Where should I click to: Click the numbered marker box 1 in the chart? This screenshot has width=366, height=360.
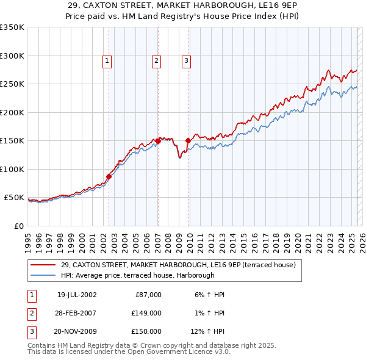pos(107,60)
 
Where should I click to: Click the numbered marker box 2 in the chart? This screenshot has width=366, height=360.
pos(156,60)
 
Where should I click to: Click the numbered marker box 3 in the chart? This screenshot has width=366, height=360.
pos(185,60)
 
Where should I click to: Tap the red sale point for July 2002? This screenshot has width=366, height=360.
pos(109,176)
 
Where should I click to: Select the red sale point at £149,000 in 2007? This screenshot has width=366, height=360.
pos(158,141)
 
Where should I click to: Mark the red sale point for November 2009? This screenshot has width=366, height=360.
pos(188,140)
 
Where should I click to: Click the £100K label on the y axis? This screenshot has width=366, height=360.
pos(12,169)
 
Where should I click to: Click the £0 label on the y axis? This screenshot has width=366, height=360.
pos(18,226)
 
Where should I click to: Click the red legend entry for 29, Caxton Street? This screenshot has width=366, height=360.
pos(178,265)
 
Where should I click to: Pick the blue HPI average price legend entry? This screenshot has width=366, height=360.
pos(138,276)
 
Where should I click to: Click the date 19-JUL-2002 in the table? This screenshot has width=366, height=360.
pos(76,295)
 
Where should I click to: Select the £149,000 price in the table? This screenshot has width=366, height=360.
pos(146,313)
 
